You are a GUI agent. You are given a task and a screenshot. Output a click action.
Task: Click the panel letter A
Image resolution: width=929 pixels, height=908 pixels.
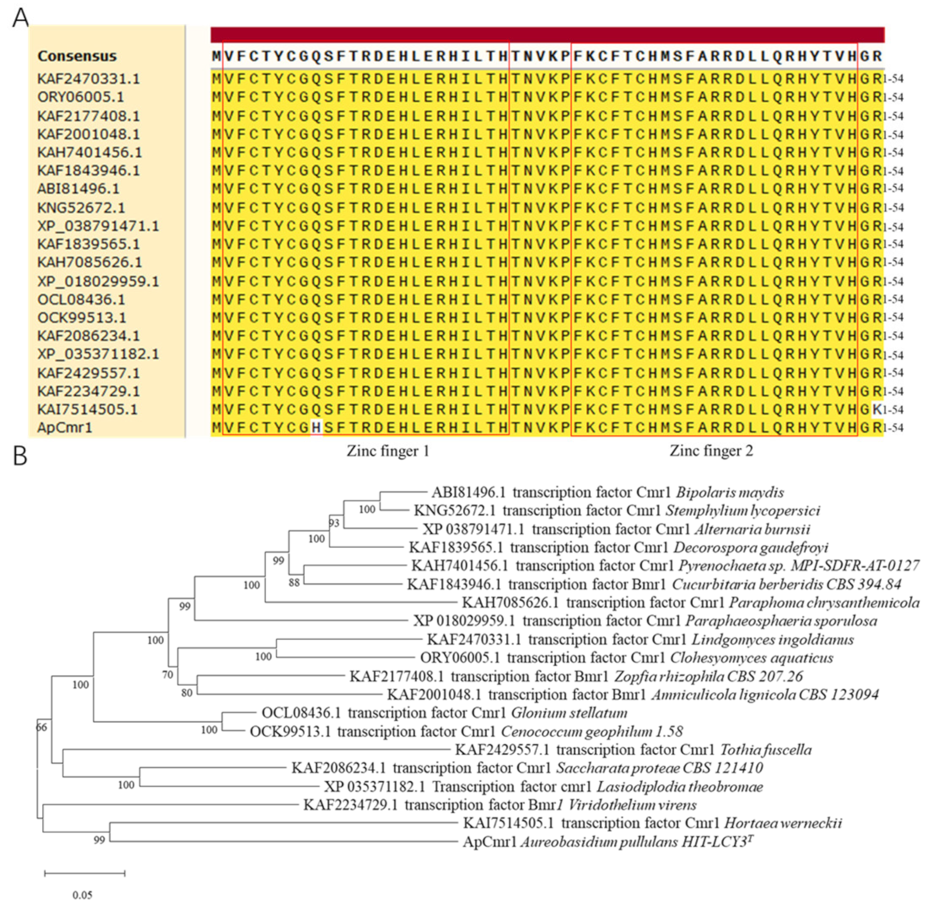pyautogui.click(x=20, y=17)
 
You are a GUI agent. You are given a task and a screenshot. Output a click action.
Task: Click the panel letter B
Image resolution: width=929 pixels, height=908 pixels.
pyautogui.click(x=20, y=455)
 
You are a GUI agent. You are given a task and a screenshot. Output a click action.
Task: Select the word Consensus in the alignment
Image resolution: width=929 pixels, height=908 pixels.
pyautogui.click(x=77, y=56)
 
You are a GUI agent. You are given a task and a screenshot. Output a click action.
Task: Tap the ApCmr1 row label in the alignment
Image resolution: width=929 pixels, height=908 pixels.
pyautogui.click(x=64, y=427)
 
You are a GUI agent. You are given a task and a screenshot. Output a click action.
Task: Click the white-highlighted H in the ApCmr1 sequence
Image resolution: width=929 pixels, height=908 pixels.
pyautogui.click(x=316, y=427)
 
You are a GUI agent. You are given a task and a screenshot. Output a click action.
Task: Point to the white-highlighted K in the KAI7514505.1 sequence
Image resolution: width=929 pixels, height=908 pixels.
pyautogui.click(x=877, y=409)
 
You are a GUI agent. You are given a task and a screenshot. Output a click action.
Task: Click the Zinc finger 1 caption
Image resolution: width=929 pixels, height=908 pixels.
pyautogui.click(x=388, y=451)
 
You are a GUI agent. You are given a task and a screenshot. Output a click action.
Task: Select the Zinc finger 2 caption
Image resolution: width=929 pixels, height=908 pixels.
pyautogui.click(x=711, y=451)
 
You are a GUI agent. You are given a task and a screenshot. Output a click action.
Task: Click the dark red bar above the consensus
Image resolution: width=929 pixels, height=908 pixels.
pyautogui.click(x=547, y=35)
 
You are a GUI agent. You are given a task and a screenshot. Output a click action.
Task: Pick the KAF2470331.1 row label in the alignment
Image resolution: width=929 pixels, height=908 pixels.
pyautogui.click(x=89, y=79)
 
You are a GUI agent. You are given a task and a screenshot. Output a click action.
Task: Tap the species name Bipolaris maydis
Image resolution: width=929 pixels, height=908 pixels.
pyautogui.click(x=730, y=492)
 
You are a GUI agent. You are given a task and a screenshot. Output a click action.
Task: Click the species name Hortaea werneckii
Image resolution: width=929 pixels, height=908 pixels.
pyautogui.click(x=783, y=823)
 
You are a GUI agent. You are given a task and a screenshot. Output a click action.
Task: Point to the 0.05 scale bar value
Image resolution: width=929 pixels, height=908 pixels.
pyautogui.click(x=82, y=895)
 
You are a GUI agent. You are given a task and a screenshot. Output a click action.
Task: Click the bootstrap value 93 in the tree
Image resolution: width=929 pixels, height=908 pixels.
pyautogui.click(x=334, y=523)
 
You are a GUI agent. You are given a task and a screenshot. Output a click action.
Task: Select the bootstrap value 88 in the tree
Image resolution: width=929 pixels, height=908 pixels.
pyautogui.click(x=294, y=582)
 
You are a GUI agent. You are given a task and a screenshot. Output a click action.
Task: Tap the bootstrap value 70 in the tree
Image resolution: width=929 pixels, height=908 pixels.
pyautogui.click(x=168, y=675)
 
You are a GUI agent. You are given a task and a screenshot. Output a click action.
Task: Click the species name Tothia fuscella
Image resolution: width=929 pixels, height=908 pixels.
pyautogui.click(x=766, y=750)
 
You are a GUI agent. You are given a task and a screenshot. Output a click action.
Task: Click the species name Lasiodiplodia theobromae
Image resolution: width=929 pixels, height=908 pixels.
pyautogui.click(x=680, y=787)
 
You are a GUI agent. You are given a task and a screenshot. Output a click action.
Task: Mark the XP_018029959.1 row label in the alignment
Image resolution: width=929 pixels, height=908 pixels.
pyautogui.click(x=98, y=281)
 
